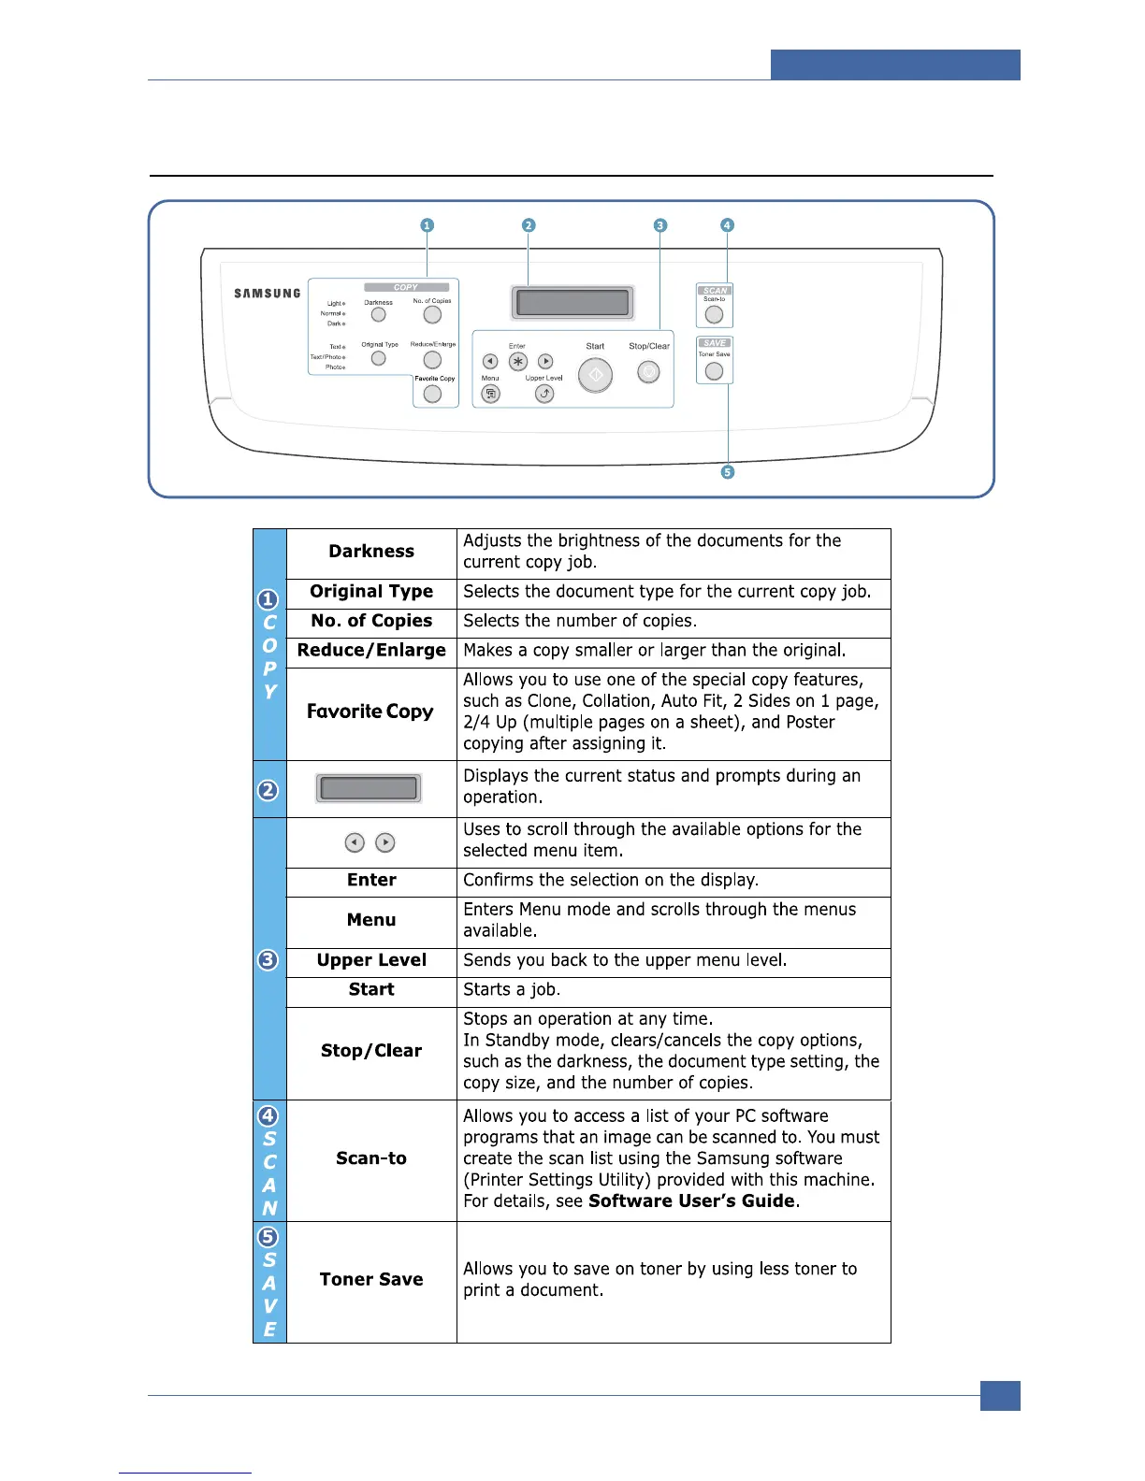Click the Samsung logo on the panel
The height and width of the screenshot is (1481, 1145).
(x=268, y=294)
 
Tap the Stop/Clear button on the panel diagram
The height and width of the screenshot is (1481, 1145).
(x=648, y=372)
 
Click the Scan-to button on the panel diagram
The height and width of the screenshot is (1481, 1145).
(x=714, y=315)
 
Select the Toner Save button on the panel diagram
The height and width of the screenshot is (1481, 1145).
(x=714, y=371)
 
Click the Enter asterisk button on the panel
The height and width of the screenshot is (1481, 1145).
(x=517, y=362)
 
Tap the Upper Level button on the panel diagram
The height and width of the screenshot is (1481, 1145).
(x=544, y=394)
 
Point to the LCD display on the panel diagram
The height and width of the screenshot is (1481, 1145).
(x=572, y=303)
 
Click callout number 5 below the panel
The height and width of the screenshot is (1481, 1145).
(x=728, y=472)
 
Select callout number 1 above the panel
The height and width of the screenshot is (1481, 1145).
(x=427, y=225)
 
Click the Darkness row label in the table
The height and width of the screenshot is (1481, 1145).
(x=371, y=552)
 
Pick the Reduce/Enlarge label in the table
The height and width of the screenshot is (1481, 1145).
(x=371, y=651)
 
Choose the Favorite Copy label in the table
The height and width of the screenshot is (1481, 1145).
(x=370, y=712)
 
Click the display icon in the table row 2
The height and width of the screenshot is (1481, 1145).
(x=369, y=788)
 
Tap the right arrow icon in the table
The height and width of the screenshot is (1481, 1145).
(x=384, y=842)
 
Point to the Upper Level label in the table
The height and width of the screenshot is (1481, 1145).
(x=371, y=960)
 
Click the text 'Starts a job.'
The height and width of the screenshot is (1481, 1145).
(x=512, y=989)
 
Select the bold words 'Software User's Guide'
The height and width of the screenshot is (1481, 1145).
(x=691, y=1201)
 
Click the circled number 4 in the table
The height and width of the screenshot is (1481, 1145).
(x=268, y=1115)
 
